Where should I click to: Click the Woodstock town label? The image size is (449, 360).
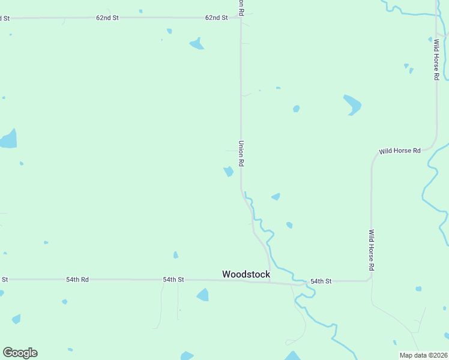(x=246, y=274)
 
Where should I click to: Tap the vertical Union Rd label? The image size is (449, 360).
(x=241, y=154)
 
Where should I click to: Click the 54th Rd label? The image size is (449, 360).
(x=77, y=280)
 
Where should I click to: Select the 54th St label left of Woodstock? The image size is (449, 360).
(x=173, y=280)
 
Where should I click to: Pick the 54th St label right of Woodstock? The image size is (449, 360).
(x=321, y=281)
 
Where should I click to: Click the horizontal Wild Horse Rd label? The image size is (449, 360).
(x=399, y=151)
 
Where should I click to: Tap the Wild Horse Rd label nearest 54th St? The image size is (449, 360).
(x=372, y=250)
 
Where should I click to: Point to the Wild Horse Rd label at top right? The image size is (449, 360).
(x=436, y=60)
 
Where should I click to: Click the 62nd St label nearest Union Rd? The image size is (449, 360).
(x=216, y=18)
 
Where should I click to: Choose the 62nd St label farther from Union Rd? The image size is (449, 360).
(x=107, y=18)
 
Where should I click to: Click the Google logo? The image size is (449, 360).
(x=20, y=353)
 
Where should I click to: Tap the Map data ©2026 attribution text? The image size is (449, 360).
(x=423, y=355)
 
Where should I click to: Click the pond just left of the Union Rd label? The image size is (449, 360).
(x=229, y=172)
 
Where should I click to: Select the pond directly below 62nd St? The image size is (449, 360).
(x=196, y=43)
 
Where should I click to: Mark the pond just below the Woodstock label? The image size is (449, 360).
(x=203, y=295)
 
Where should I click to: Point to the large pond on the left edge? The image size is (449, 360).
(x=8, y=139)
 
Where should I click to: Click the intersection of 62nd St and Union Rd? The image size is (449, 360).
(x=241, y=18)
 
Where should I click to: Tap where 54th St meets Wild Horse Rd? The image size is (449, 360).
(x=370, y=279)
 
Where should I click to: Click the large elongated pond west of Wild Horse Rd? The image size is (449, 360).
(x=352, y=104)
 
